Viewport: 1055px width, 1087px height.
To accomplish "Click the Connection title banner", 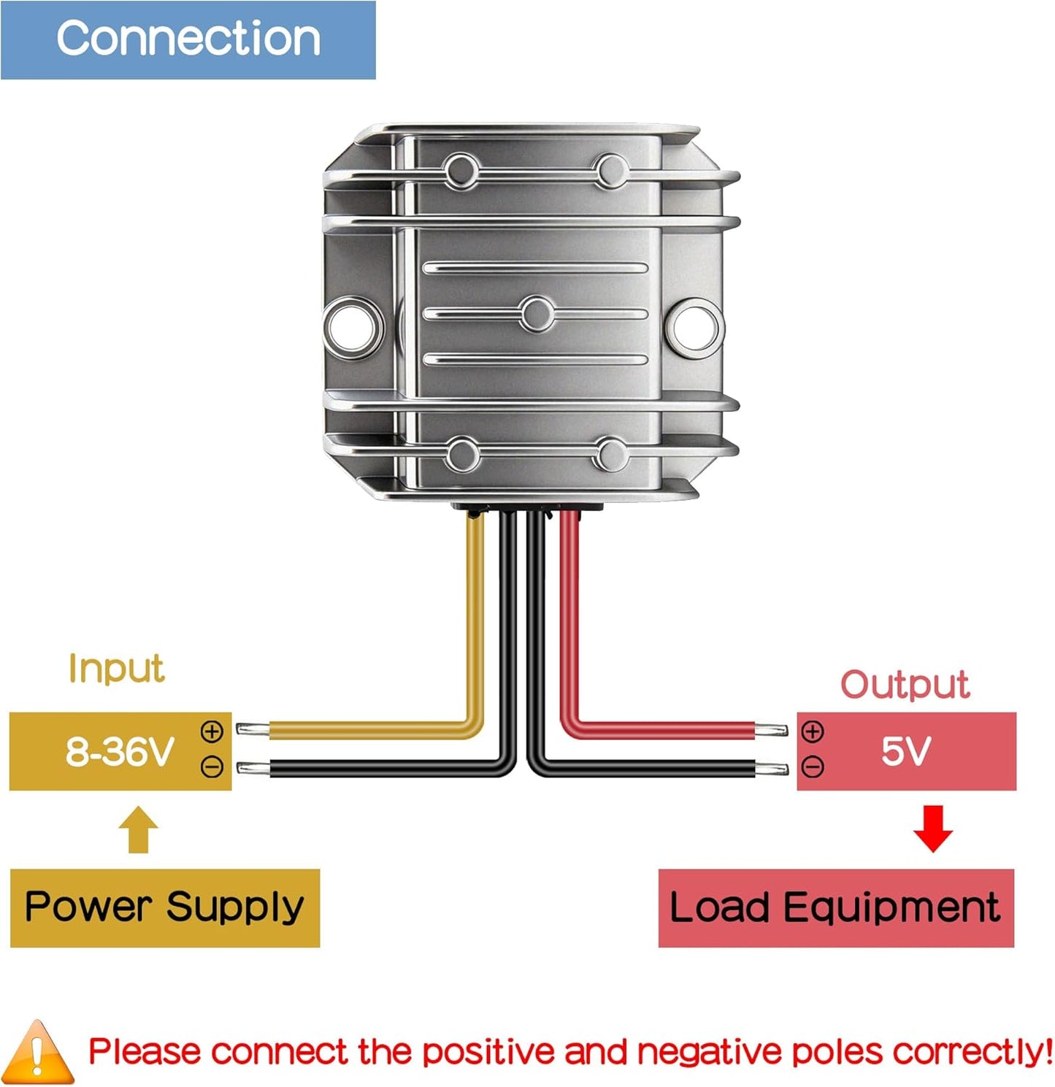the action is (188, 39).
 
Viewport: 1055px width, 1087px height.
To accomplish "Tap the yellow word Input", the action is (117, 668).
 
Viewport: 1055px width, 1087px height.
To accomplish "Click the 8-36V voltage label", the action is (120, 750).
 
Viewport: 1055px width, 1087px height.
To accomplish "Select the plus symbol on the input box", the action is (212, 731).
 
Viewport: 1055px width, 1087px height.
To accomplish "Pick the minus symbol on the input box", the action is (212, 767).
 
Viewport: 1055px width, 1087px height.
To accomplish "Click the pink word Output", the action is (905, 685).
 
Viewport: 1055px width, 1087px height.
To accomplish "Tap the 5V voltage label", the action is (906, 750).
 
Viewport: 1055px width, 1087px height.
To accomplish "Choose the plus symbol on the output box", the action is (813, 731).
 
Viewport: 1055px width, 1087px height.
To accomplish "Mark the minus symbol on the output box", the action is (813, 767).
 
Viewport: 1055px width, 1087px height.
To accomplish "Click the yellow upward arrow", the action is (139, 830).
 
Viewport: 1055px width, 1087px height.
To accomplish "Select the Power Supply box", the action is (165, 907).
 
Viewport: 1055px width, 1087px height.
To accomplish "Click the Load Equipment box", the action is (836, 907).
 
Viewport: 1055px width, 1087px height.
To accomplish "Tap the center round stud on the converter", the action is (537, 315).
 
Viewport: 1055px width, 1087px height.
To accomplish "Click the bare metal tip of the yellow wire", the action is (253, 729).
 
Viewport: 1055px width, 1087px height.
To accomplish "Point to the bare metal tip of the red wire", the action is (772, 729).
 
